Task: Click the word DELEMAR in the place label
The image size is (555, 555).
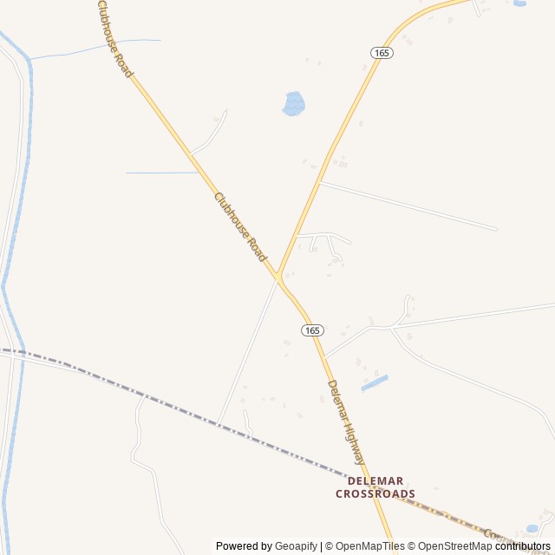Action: click(375, 480)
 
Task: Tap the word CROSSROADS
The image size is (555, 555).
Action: click(375, 494)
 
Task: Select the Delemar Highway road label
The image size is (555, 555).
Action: click(347, 422)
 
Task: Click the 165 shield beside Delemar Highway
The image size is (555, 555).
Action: click(313, 330)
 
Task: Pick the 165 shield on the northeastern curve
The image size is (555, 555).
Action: click(382, 53)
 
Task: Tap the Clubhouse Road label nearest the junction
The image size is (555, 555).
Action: click(240, 226)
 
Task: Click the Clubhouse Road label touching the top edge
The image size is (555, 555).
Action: click(115, 39)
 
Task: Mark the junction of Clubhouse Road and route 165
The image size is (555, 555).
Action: click(278, 277)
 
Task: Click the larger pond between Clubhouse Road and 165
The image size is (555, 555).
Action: click(294, 103)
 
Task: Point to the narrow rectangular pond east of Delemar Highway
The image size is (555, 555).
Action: click(374, 382)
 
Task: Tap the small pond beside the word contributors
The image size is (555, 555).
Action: click(532, 528)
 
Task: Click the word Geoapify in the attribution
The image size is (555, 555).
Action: click(295, 546)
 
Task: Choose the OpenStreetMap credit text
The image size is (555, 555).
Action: click(449, 546)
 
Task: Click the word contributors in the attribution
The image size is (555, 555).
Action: click(523, 546)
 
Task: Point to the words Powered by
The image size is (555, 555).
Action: click(244, 546)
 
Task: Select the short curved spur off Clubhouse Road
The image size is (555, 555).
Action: click(211, 134)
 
